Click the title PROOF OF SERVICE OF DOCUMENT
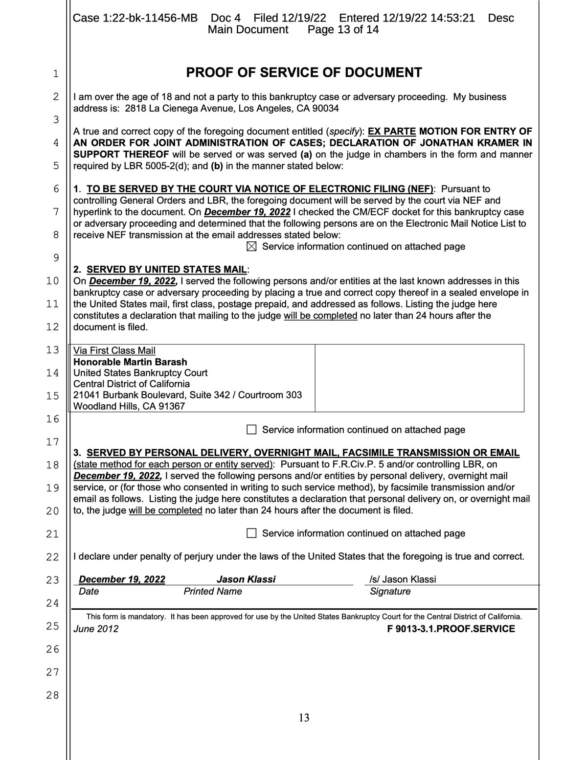[x=304, y=73]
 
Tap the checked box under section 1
[x=251, y=247]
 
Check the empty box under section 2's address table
[x=251, y=430]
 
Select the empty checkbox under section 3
[x=251, y=533]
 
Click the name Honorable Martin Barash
[x=130, y=362]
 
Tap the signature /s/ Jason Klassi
[x=403, y=579]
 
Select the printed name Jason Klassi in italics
[x=246, y=579]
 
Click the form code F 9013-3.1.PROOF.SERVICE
[x=451, y=629]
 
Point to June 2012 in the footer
[x=96, y=629]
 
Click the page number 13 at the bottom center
[x=304, y=718]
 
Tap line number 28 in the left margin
[x=52, y=695]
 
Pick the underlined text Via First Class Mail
[x=114, y=350]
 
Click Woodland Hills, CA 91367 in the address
[x=129, y=406]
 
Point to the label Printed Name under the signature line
[x=213, y=591]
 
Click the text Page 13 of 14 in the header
[x=343, y=30]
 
